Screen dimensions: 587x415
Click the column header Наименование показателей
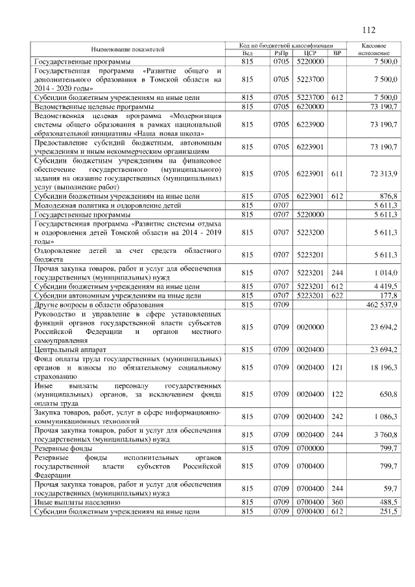[x=127, y=49]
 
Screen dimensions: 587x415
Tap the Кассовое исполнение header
[x=373, y=49]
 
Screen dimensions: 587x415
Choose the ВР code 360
[x=336, y=503]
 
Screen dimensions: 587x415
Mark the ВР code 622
[x=336, y=294]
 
